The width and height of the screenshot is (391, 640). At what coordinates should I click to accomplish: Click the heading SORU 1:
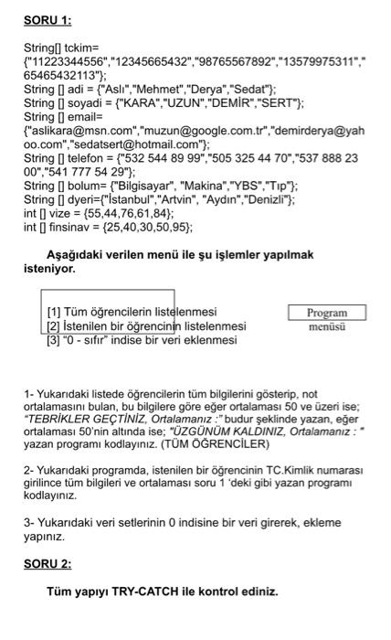point(48,20)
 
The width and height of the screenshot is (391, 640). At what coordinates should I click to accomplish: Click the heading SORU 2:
point(48,563)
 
